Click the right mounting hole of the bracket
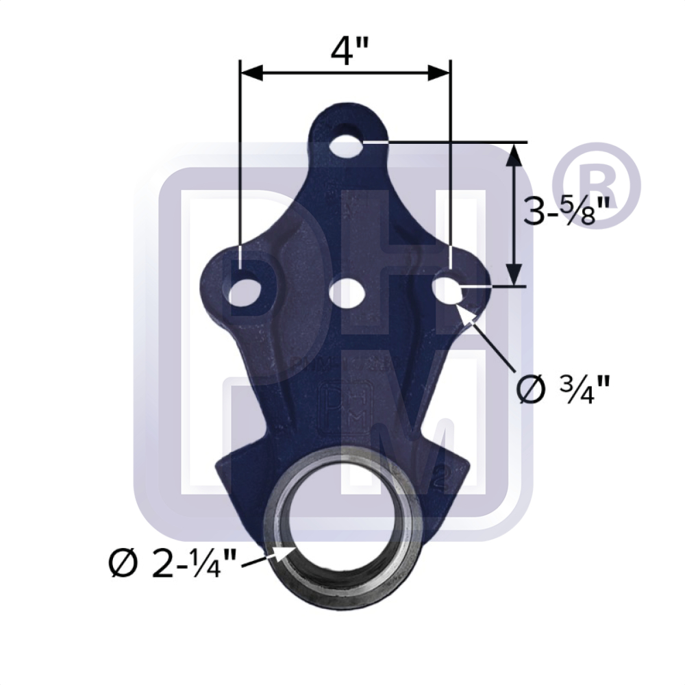tap(449, 288)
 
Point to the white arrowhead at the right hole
tap(469, 314)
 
